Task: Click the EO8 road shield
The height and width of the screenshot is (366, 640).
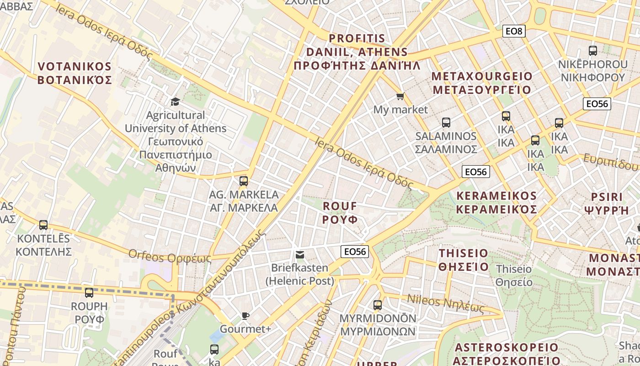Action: click(514, 31)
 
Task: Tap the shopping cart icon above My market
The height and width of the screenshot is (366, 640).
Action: click(400, 96)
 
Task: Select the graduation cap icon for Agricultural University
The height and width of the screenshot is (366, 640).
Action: click(175, 102)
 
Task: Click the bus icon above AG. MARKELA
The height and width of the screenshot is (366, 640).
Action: click(244, 181)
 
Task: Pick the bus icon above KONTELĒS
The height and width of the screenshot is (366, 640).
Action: click(43, 225)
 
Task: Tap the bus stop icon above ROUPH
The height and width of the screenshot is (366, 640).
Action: click(89, 293)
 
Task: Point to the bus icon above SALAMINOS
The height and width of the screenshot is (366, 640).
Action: click(446, 123)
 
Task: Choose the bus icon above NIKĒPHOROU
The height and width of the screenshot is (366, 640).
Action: click(593, 51)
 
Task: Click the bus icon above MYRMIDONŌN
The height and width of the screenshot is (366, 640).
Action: click(378, 305)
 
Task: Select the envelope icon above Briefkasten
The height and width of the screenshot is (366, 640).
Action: click(300, 255)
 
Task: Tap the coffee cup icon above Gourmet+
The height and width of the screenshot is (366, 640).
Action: click(245, 316)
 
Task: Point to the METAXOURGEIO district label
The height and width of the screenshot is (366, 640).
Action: click(482, 83)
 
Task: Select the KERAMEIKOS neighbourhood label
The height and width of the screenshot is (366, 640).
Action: click(496, 202)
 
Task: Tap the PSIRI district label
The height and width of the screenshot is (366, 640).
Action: click(607, 204)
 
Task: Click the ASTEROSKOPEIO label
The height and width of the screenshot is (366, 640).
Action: click(507, 354)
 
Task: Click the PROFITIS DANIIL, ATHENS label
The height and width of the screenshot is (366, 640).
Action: click(357, 52)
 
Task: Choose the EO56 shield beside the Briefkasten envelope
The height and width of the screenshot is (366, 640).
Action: click(355, 252)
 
